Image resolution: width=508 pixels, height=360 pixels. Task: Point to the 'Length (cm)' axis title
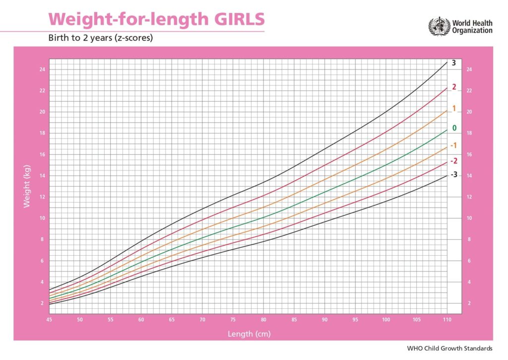click(x=249, y=334)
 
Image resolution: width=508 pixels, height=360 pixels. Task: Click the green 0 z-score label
click(x=454, y=128)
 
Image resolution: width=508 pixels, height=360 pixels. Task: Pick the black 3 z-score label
click(x=453, y=62)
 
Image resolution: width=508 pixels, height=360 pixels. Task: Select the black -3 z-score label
click(x=454, y=174)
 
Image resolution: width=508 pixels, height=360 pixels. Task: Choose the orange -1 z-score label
click(x=454, y=145)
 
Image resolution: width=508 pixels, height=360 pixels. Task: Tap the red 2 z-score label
click(x=453, y=87)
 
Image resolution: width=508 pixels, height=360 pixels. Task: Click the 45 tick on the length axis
click(x=49, y=319)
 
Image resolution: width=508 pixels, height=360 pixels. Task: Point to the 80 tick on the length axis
click(x=263, y=319)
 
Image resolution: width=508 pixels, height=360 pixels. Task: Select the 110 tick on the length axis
click(x=447, y=319)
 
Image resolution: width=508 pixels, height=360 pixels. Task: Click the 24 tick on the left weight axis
click(x=42, y=70)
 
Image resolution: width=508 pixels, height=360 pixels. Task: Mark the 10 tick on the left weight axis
click(x=42, y=218)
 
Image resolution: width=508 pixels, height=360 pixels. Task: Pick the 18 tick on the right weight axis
click(x=468, y=134)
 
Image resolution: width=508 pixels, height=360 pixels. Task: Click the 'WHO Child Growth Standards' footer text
click(x=449, y=348)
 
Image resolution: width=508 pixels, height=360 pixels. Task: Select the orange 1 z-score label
click(x=453, y=108)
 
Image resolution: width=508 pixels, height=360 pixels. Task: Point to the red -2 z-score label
click(x=454, y=161)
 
